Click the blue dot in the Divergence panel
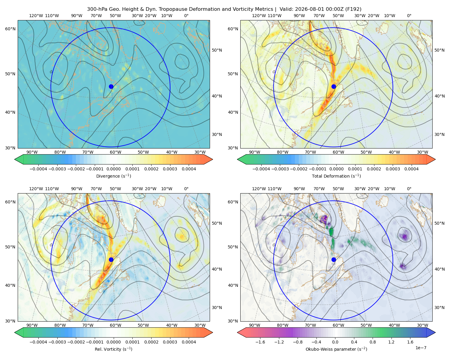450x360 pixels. [x=111, y=87]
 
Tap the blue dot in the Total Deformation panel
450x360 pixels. [x=334, y=87]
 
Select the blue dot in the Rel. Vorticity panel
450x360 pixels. [x=111, y=259]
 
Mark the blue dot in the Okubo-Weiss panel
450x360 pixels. [x=334, y=259]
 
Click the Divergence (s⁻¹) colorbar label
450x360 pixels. [x=113, y=176]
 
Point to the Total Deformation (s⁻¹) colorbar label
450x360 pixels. [x=336, y=176]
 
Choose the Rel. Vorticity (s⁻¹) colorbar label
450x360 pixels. [x=113, y=349]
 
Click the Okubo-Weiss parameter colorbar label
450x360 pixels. [x=336, y=349]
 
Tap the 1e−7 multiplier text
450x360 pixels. [x=421, y=348]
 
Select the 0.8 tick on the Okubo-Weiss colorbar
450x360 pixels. [x=373, y=342]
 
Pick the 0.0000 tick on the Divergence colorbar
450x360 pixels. [x=113, y=169]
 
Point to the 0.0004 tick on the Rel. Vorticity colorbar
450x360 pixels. [x=189, y=342]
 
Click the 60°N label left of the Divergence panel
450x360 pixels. [x=10, y=29]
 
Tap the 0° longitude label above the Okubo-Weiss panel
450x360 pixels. [x=409, y=189]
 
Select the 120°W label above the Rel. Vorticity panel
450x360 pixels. [x=36, y=189]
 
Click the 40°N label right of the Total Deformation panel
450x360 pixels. [x=439, y=96]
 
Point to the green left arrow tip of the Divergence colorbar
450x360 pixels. [x=15, y=159]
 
